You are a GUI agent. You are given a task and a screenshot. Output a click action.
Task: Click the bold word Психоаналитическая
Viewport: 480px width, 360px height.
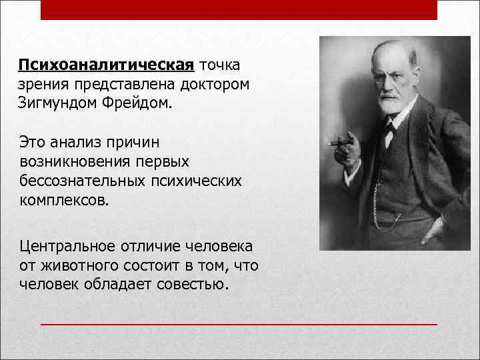click(x=106, y=66)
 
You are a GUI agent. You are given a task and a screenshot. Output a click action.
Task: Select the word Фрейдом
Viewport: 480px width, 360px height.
click(x=137, y=104)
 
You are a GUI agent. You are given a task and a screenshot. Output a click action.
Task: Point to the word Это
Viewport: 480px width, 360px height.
click(x=33, y=142)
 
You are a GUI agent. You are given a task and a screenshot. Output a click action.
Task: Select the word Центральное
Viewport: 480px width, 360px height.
click(x=67, y=247)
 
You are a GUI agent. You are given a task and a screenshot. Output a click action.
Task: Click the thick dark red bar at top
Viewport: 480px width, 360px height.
click(x=239, y=9)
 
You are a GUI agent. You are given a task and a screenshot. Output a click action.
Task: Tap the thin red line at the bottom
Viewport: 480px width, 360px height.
click(x=239, y=324)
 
